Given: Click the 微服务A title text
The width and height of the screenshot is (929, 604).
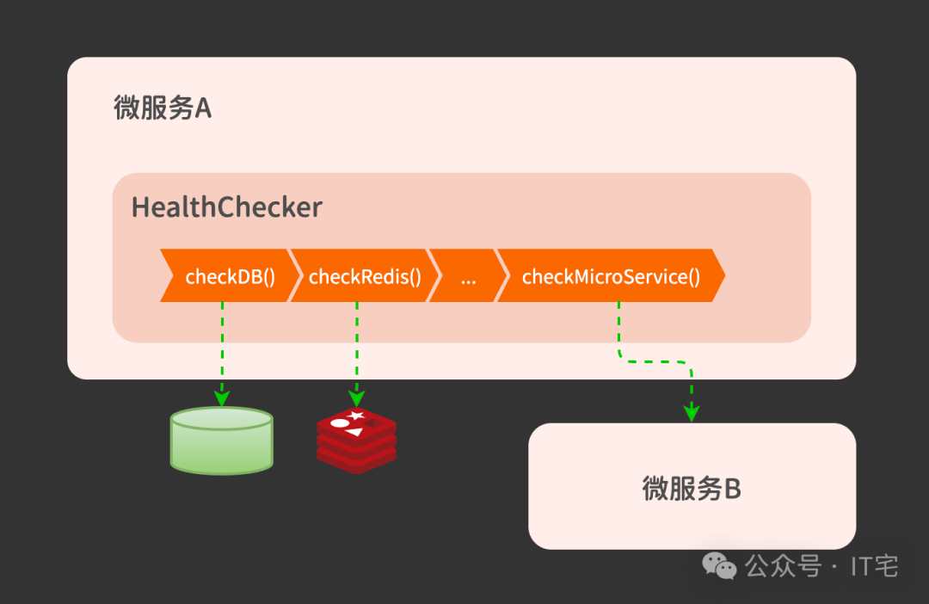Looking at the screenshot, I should pyautogui.click(x=163, y=108).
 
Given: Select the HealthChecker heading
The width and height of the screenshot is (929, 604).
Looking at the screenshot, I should pyautogui.click(x=226, y=207).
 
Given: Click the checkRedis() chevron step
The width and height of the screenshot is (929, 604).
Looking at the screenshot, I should pyautogui.click(x=365, y=276).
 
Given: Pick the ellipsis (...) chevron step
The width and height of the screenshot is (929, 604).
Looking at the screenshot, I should pyautogui.click(x=467, y=276).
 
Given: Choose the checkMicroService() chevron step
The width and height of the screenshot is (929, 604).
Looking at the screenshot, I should pyautogui.click(x=611, y=276).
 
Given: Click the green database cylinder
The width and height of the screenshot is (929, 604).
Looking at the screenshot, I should pyautogui.click(x=222, y=441).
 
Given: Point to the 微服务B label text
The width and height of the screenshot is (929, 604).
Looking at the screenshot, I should pyautogui.click(x=692, y=489).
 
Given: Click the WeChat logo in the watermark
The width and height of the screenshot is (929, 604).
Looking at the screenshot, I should pyautogui.click(x=720, y=565).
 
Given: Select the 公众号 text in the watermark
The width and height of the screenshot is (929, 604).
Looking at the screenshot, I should pyautogui.click(x=783, y=565).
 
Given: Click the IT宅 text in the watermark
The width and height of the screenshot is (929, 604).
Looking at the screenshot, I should pyautogui.click(x=874, y=565).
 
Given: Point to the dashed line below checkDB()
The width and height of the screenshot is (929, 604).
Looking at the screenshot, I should pyautogui.click(x=222, y=344).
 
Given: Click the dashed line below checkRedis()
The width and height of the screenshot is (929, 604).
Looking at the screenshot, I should pyautogui.click(x=356, y=344).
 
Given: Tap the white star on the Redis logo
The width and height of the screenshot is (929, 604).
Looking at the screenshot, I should pyautogui.click(x=357, y=416).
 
